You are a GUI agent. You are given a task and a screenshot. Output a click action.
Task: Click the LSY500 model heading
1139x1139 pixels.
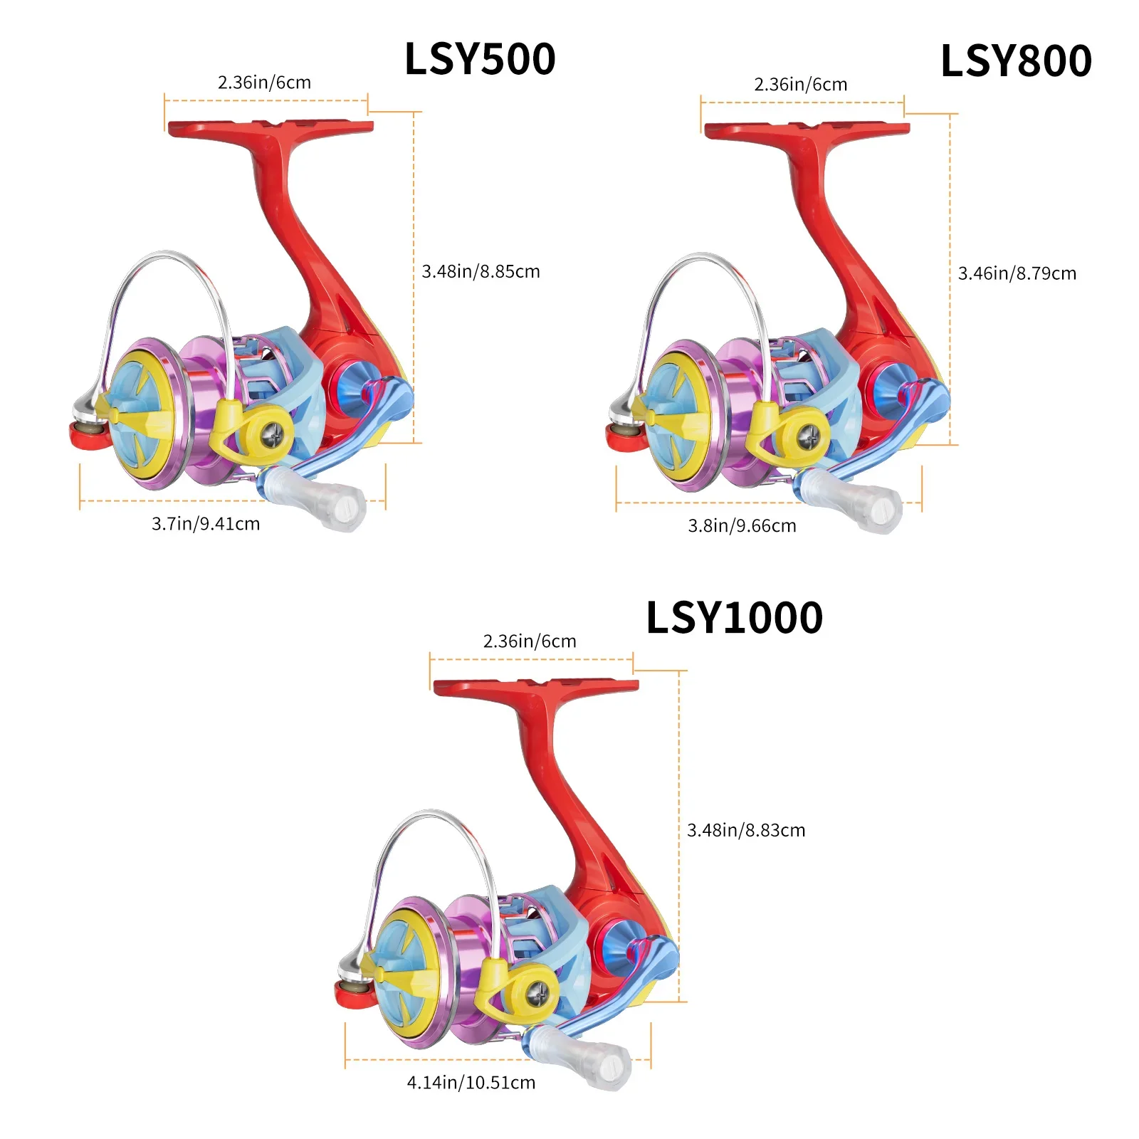coord(480,59)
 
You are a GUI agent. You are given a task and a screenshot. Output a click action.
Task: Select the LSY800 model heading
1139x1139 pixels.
coord(1016,61)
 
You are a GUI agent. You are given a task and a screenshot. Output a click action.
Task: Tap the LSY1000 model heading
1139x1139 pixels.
coord(734,617)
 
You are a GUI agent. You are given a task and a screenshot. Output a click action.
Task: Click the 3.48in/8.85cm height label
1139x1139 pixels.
coord(481,271)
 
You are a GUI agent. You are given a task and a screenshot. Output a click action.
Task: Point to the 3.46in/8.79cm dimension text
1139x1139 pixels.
coord(1017,273)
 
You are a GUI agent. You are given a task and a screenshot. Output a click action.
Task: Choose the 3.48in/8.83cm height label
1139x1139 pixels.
coord(746,830)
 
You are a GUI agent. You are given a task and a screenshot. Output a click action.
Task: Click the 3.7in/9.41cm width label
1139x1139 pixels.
coord(206,524)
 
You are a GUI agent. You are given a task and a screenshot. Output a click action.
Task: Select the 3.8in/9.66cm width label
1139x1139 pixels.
coord(742,526)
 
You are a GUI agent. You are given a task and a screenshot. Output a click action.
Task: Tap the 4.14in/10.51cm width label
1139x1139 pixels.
coord(471,1083)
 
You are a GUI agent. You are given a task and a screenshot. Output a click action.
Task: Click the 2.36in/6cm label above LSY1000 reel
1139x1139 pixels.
coord(530,641)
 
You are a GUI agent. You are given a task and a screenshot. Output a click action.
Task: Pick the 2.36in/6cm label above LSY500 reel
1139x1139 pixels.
coord(264,83)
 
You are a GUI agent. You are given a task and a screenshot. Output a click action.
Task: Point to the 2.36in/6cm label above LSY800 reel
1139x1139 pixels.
coord(801,85)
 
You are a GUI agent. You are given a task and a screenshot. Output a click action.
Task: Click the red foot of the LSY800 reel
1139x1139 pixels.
coord(807,130)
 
